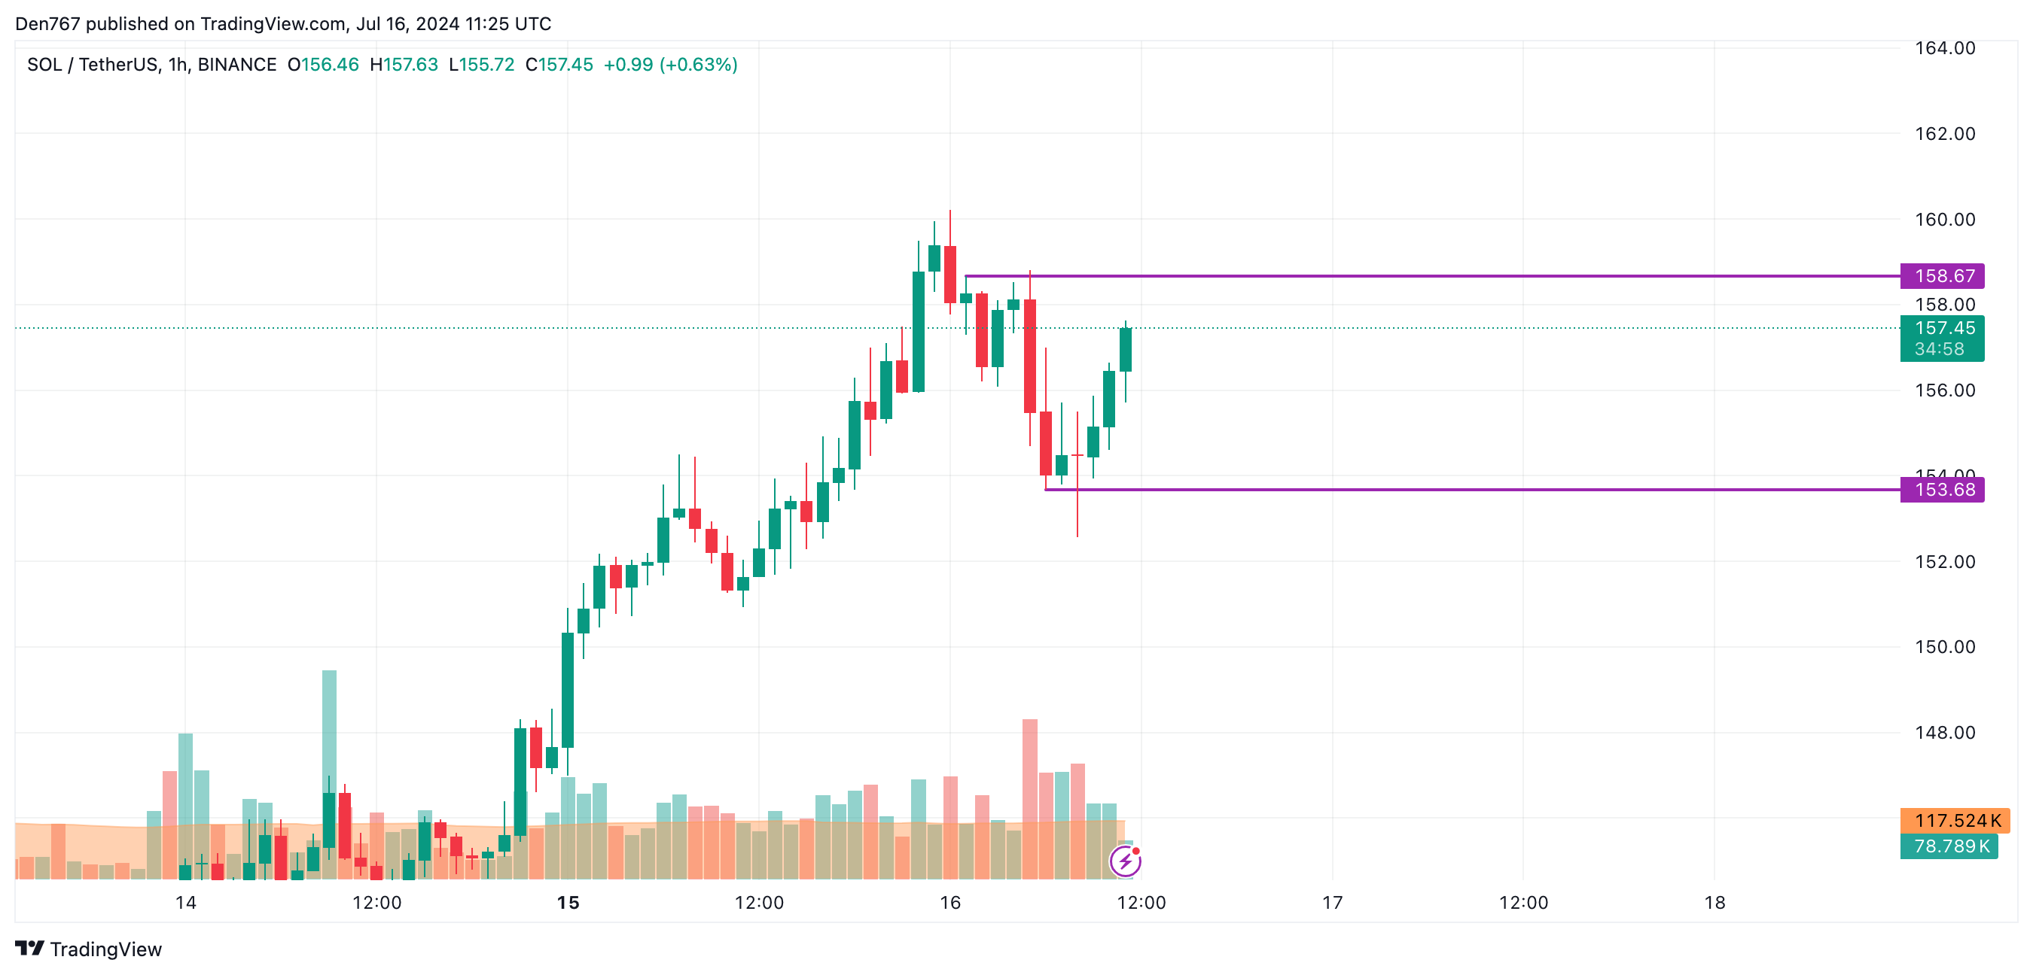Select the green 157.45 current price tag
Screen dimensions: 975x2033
click(1940, 328)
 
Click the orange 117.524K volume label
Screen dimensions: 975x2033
click(1953, 820)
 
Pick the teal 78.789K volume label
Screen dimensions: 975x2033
click(1948, 846)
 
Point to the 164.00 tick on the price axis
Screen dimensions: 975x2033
click(1945, 48)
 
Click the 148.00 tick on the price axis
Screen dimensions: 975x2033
click(1945, 733)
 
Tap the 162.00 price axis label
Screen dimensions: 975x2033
click(1945, 134)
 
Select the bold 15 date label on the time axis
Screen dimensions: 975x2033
click(568, 904)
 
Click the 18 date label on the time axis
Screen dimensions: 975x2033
click(1714, 904)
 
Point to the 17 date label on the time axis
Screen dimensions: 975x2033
click(1332, 904)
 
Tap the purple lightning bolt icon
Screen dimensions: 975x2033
click(1125, 861)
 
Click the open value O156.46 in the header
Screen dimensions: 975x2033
click(323, 65)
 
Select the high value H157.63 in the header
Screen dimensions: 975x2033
click(404, 65)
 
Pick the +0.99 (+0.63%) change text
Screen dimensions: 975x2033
click(670, 65)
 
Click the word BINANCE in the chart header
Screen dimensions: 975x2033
click(236, 65)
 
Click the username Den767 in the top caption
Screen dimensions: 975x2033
click(47, 23)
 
